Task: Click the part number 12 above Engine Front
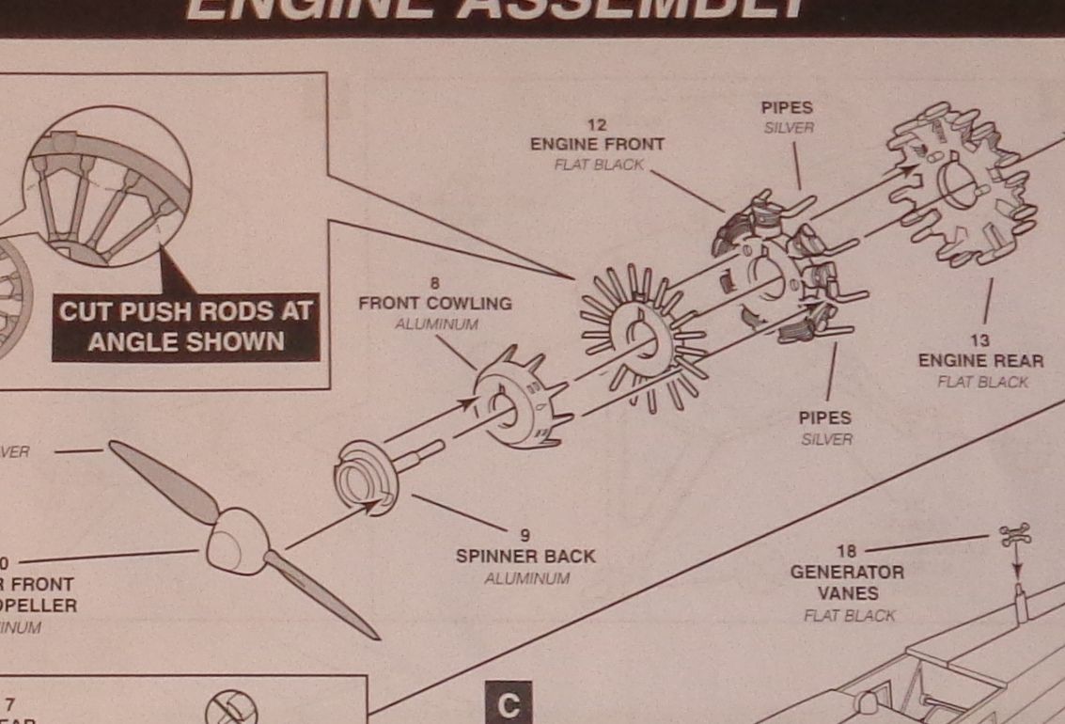click(x=596, y=124)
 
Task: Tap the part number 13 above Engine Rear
click(x=980, y=340)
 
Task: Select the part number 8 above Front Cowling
click(x=434, y=283)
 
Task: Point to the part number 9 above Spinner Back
click(x=525, y=536)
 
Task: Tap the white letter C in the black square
click(x=509, y=705)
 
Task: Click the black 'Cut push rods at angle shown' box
click(x=185, y=326)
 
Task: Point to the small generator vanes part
click(x=1015, y=536)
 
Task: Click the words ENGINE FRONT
click(x=596, y=145)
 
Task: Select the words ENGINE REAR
click(x=980, y=361)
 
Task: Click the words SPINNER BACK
click(x=525, y=557)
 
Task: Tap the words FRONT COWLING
click(x=434, y=304)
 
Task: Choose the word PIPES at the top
click(x=786, y=108)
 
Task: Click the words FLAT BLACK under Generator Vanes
click(x=849, y=616)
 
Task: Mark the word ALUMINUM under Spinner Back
click(x=526, y=578)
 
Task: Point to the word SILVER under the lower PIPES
click(x=826, y=439)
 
